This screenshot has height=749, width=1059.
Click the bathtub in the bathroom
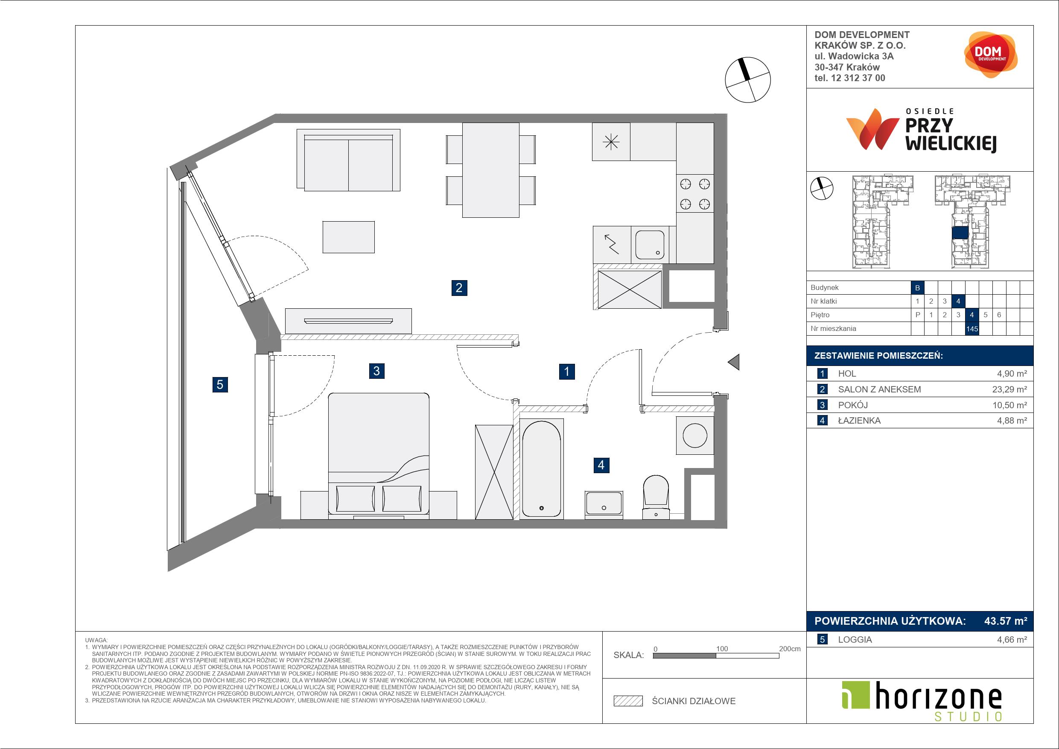coord(541,468)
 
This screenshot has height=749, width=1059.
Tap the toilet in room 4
coord(655,497)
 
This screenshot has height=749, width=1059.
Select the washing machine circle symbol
coord(694,435)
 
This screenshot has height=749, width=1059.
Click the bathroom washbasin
coord(603,505)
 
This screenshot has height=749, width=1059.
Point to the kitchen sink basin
coord(650,245)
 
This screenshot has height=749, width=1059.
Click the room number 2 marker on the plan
coord(459,288)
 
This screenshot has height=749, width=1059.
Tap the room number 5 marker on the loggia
coord(220,384)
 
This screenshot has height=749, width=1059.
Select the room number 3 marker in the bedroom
coord(377,371)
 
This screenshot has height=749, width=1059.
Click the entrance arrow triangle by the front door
coord(734,362)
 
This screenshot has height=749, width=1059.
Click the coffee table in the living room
coord(348,237)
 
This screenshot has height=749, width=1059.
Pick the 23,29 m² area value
coord(1009,389)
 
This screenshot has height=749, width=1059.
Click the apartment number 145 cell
coord(972,328)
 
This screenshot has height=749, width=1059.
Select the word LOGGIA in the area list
coord(855,640)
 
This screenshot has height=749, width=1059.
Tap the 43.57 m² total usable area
coord(1006,621)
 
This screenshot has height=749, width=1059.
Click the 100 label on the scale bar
coord(722,648)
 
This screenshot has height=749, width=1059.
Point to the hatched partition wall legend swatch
coord(628,701)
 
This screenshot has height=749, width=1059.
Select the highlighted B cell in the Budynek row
coord(917,287)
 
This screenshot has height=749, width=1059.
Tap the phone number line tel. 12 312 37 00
coord(849,78)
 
